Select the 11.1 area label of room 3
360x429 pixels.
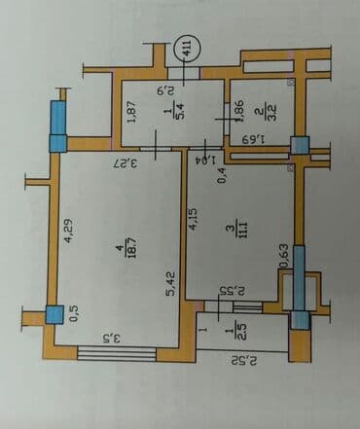pyautogui.click(x=234, y=231)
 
